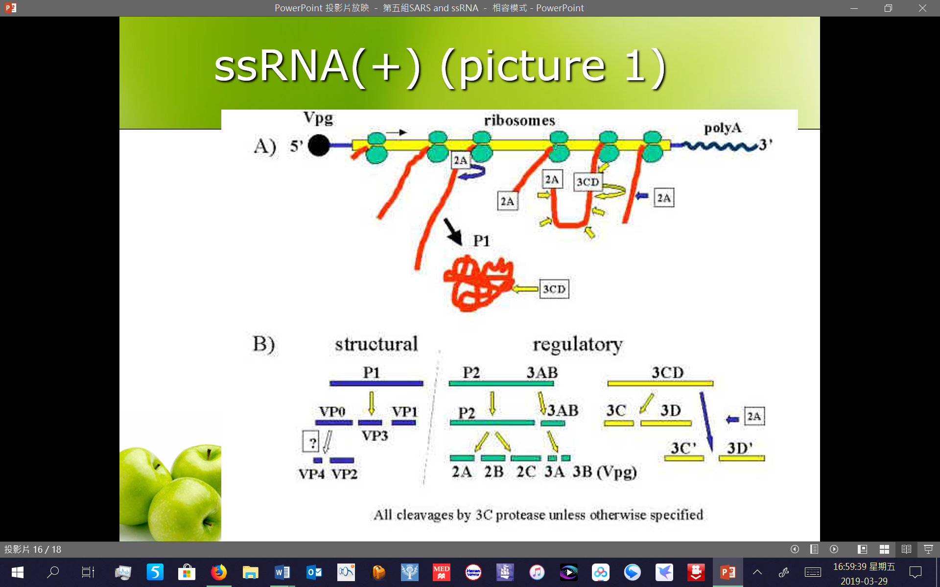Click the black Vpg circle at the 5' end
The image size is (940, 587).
(319, 145)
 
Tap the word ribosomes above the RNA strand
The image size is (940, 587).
(519, 120)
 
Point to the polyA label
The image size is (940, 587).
(723, 128)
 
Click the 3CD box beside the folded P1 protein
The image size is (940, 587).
(554, 289)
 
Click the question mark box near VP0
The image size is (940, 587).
(311, 442)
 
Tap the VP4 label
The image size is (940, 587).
(311, 474)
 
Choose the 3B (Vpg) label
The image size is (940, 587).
(605, 472)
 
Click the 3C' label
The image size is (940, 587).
(683, 448)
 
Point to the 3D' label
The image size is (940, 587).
(740, 448)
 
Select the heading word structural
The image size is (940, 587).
(376, 344)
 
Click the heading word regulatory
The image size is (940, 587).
(578, 345)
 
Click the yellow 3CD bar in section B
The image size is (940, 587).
(660, 384)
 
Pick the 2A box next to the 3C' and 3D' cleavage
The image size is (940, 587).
(754, 416)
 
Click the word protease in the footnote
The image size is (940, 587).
(520, 515)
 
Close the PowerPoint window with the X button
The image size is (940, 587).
(922, 8)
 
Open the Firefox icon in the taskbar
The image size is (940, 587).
(219, 572)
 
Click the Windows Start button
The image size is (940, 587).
(18, 572)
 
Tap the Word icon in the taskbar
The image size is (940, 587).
(282, 572)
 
